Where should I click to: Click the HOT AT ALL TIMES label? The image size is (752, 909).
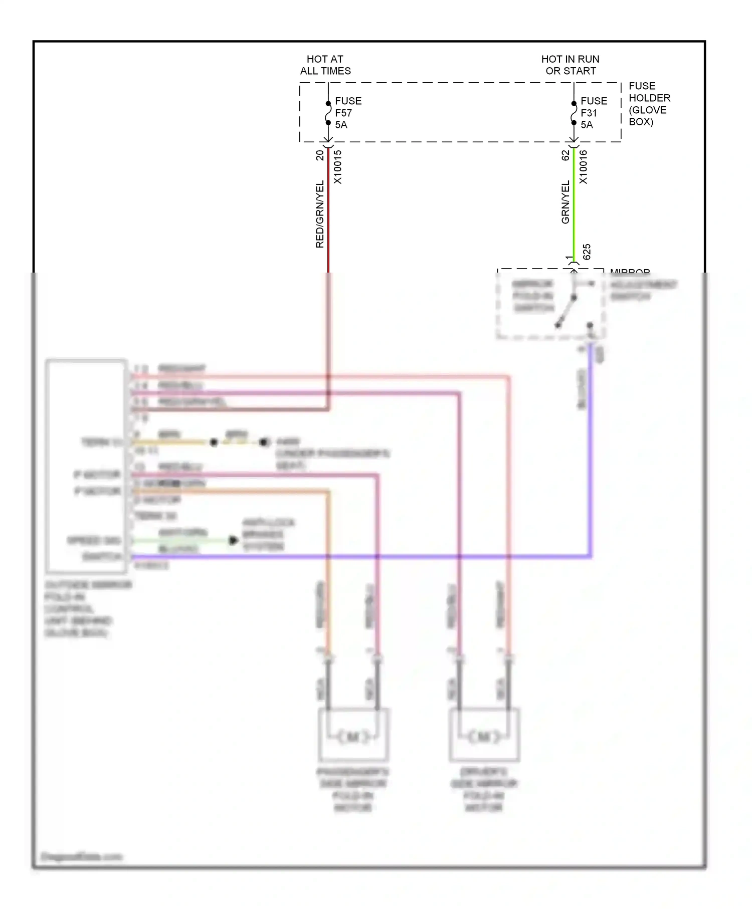click(x=325, y=65)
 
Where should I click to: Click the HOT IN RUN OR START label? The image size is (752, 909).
click(x=571, y=65)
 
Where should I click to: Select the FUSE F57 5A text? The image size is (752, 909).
click(x=348, y=113)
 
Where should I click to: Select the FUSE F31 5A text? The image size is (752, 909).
click(x=594, y=113)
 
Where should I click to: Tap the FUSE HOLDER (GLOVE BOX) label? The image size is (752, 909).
click(x=649, y=104)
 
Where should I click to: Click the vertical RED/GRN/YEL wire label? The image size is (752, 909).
click(x=320, y=214)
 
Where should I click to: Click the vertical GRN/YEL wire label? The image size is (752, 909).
click(x=566, y=202)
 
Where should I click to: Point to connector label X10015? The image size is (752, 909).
click(x=338, y=167)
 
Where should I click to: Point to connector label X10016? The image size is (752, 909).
click(x=584, y=167)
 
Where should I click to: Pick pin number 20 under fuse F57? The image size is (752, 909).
click(x=320, y=155)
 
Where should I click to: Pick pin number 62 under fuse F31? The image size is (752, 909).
click(x=566, y=155)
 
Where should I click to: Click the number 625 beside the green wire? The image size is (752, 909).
click(x=587, y=252)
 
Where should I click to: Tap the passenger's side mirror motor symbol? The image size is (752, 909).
click(x=353, y=737)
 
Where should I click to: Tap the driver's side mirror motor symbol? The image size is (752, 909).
click(x=484, y=737)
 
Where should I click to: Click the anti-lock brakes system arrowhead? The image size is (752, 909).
click(x=233, y=540)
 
